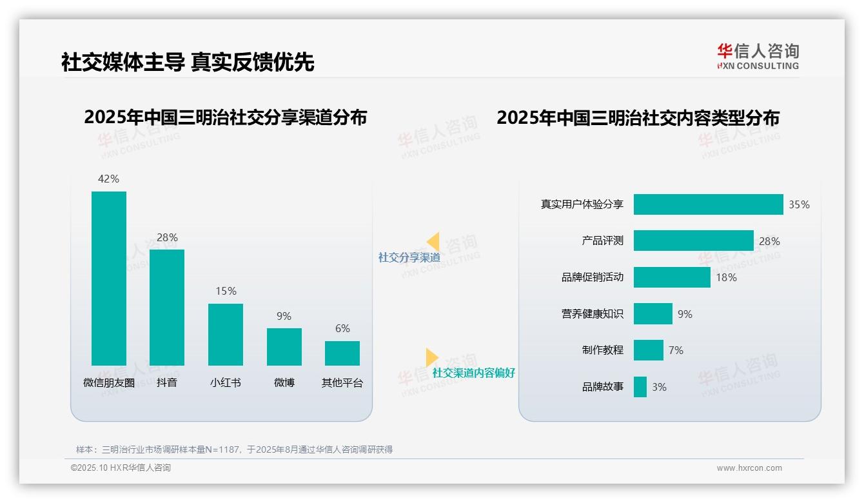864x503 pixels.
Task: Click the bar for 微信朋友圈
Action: click(109, 278)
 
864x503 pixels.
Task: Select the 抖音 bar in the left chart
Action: click(167, 307)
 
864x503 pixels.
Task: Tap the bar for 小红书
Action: click(226, 334)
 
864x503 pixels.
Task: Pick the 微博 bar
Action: click(284, 346)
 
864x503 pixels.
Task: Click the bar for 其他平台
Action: click(342, 353)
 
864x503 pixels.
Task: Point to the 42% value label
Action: click(108, 179)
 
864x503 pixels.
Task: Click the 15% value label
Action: click(226, 291)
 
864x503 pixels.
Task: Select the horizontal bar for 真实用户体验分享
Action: click(708, 204)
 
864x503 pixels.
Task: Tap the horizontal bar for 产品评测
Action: click(693, 241)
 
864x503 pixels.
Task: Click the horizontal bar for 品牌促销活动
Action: click(672, 277)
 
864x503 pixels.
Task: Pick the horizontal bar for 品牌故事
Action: click(640, 387)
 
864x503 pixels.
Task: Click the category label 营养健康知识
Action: click(593, 314)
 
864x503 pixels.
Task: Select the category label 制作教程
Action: click(603, 350)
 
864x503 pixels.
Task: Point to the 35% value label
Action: click(799, 204)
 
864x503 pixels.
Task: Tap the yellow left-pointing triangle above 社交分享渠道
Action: click(433, 242)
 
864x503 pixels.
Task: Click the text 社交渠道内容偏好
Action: click(473, 373)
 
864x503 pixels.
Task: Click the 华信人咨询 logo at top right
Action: click(758, 56)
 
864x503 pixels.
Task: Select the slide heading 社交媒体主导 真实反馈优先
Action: click(188, 62)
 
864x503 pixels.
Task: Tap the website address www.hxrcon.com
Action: click(749, 468)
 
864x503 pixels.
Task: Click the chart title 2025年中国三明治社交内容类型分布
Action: click(638, 118)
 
